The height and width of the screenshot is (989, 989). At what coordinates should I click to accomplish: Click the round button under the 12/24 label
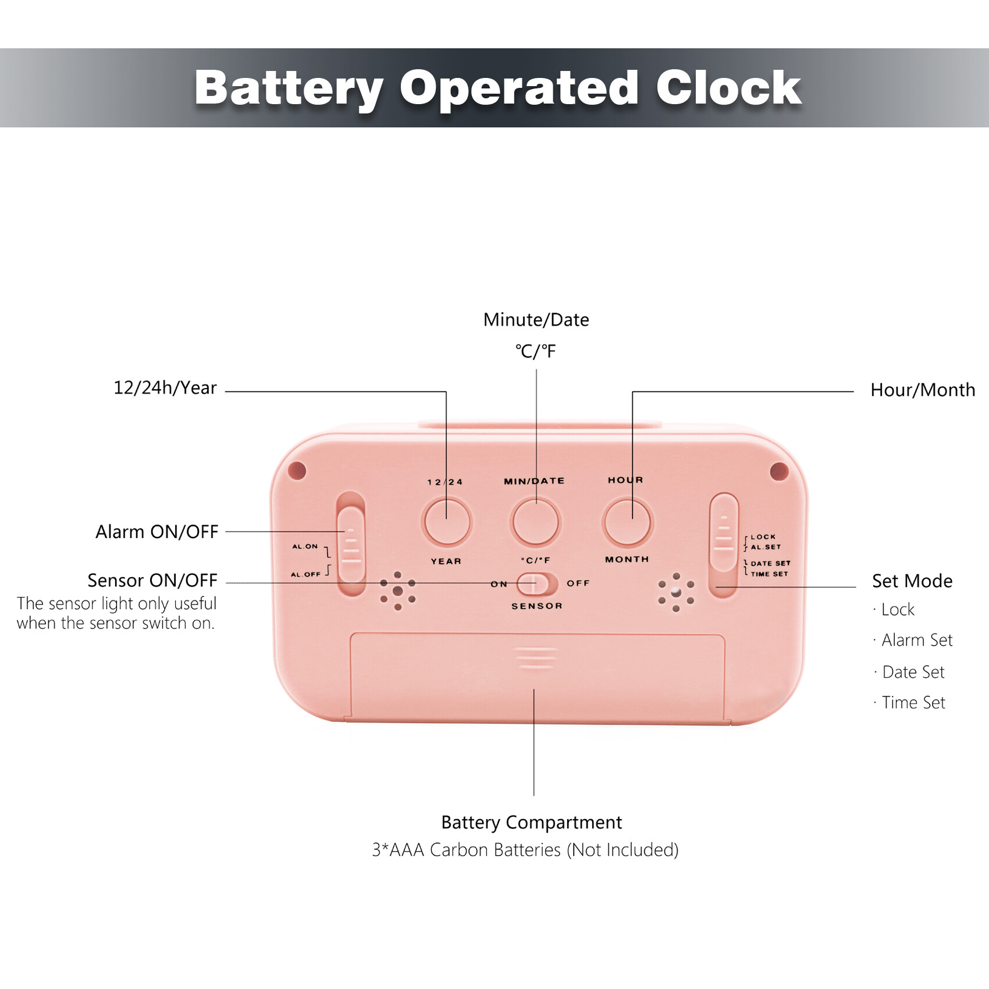[447, 522]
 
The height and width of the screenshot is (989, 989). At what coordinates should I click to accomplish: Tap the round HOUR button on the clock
[628, 522]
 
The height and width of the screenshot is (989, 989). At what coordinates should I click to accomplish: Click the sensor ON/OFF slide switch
[537, 584]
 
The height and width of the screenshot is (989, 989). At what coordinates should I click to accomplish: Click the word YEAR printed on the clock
[446, 561]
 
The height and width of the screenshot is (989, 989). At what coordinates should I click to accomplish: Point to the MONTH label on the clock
[627, 560]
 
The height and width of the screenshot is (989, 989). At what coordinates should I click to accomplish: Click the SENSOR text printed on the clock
[537, 606]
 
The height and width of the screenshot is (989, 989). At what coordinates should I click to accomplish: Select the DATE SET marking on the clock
[771, 563]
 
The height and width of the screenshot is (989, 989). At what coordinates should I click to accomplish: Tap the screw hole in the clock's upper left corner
[297, 470]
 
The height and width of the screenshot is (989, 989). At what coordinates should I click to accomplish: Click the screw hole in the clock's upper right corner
[779, 471]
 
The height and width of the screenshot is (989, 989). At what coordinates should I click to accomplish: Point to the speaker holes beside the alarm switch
[398, 591]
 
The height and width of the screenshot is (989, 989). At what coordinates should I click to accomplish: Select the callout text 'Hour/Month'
[923, 390]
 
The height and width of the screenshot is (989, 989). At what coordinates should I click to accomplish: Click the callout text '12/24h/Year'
[165, 388]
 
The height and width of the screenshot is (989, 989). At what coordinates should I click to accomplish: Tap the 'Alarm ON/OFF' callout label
[157, 532]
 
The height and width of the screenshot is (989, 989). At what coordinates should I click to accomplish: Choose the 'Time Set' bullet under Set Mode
[913, 703]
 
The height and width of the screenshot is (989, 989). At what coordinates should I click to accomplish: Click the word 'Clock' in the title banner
[729, 88]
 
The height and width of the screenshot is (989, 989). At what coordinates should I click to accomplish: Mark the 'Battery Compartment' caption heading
[532, 823]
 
